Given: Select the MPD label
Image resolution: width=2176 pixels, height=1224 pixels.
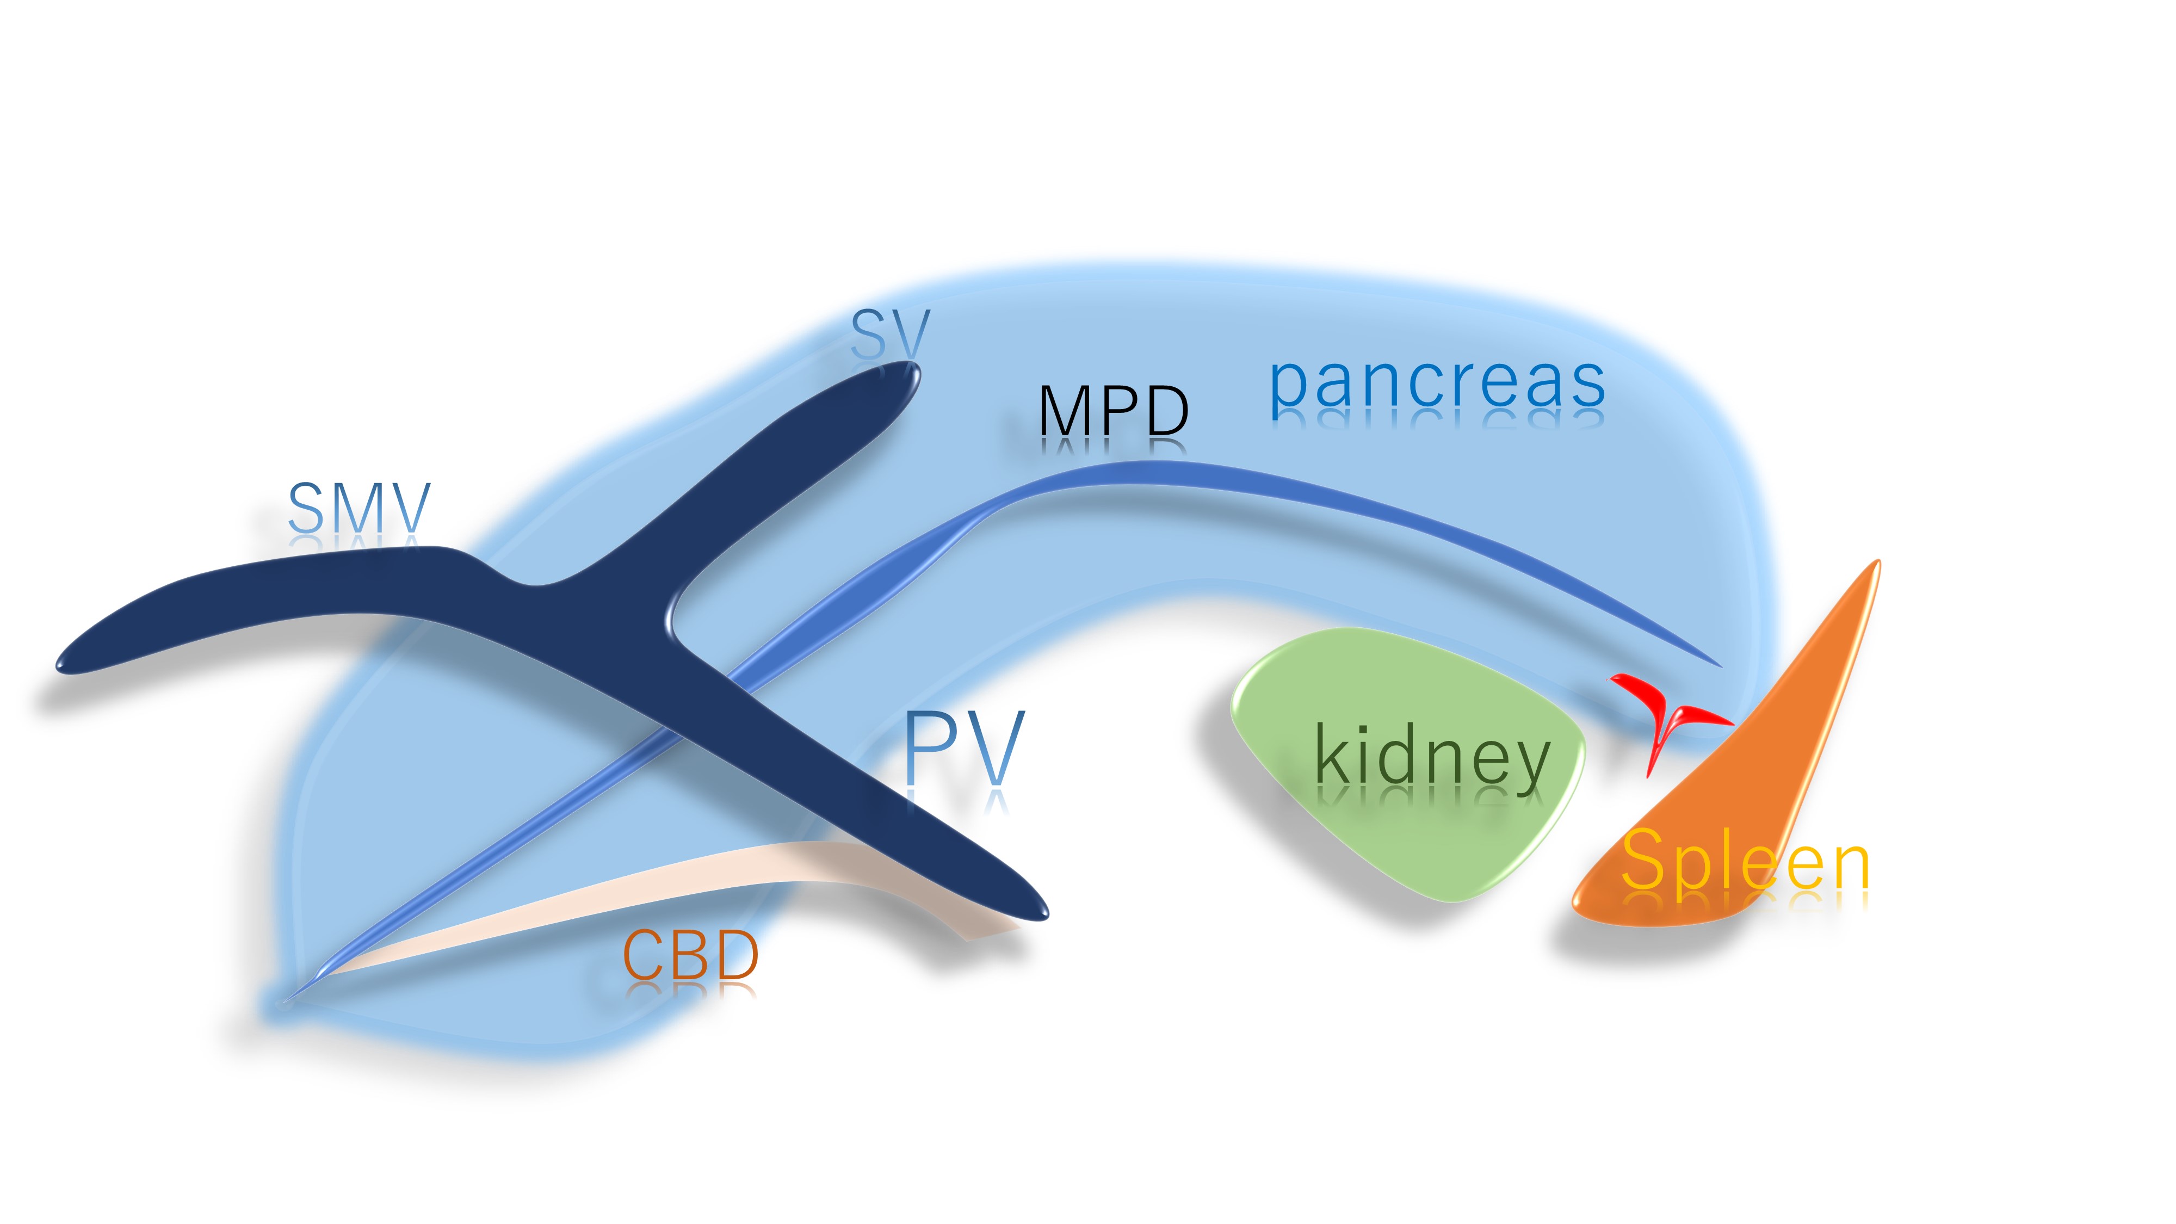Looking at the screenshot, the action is tap(1114, 411).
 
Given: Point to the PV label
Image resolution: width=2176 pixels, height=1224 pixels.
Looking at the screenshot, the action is tap(965, 749).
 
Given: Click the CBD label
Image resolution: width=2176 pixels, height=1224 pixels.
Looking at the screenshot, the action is tap(690, 955).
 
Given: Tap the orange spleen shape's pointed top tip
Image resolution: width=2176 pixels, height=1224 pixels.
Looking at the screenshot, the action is tap(1877, 562).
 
